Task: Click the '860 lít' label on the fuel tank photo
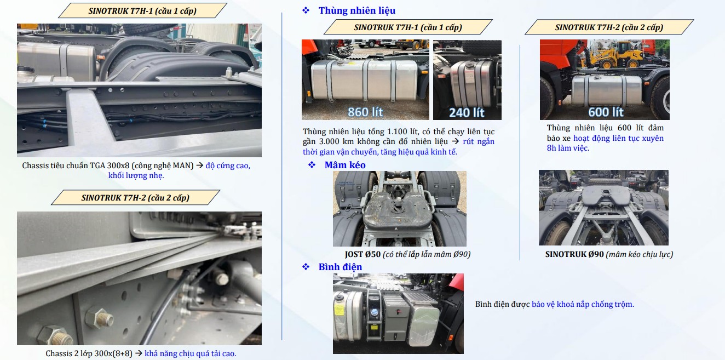pos(365,112)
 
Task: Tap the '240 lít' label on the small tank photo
pos(467,112)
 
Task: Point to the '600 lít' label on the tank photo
pos(606,112)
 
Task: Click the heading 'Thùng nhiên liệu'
pos(356,10)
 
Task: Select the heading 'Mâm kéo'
pos(345,165)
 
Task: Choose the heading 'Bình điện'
pos(340,267)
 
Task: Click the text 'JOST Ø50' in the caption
pos(362,254)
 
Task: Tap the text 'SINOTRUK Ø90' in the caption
pos(574,254)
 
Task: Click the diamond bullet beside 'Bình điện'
pos(306,267)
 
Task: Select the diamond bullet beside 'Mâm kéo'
pos(312,165)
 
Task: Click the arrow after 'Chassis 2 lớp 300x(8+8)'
pos(139,353)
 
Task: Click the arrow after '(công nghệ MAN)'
pos(200,165)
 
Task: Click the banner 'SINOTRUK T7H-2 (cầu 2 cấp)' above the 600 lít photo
pos(609,27)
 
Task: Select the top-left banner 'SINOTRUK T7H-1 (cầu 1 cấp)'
pos(142,10)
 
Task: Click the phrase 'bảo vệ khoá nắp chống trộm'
pos(582,304)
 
